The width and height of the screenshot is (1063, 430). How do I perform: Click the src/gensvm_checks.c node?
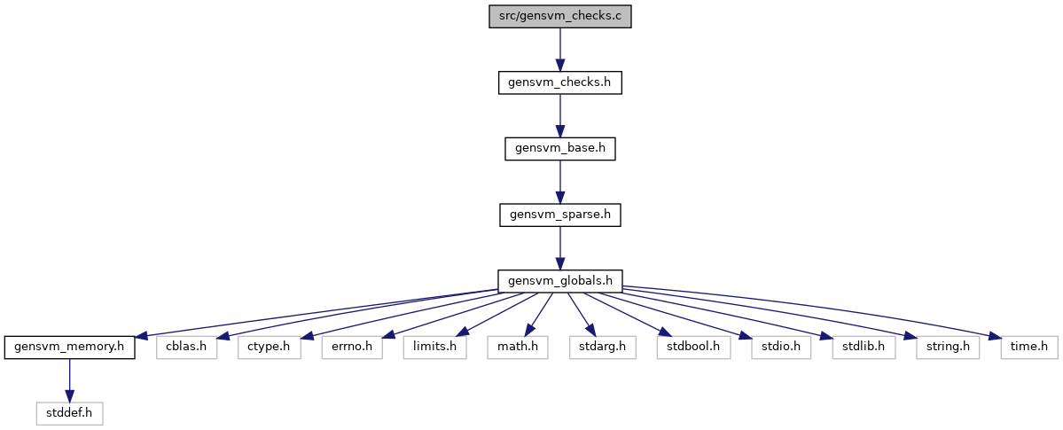tap(560, 16)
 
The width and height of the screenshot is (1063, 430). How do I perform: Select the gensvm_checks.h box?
tap(560, 82)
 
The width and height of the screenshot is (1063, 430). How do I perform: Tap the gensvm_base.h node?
tap(560, 149)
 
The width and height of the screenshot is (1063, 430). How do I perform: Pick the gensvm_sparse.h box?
tap(560, 215)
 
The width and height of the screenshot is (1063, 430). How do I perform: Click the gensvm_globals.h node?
tap(560, 281)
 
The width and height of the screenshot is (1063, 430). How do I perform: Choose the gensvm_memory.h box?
tap(69, 348)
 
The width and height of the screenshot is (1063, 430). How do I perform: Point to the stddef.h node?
tap(69, 413)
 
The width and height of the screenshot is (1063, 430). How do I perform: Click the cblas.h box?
tap(186, 348)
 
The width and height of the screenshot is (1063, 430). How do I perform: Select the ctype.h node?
tap(270, 348)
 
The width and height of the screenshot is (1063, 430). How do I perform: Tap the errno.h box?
tap(352, 348)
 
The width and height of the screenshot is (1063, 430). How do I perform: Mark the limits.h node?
tap(434, 348)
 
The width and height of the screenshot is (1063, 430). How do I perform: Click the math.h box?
tap(517, 348)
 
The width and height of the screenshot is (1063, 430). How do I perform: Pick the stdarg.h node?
tap(602, 348)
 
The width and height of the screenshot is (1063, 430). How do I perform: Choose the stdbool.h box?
tap(692, 348)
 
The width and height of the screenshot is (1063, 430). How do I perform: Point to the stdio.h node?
tap(781, 348)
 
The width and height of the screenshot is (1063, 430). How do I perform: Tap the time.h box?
tap(1029, 348)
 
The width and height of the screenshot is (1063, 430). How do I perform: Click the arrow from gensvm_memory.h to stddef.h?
tap(69, 379)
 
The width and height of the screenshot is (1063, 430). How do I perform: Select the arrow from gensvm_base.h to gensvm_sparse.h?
tap(560, 182)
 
